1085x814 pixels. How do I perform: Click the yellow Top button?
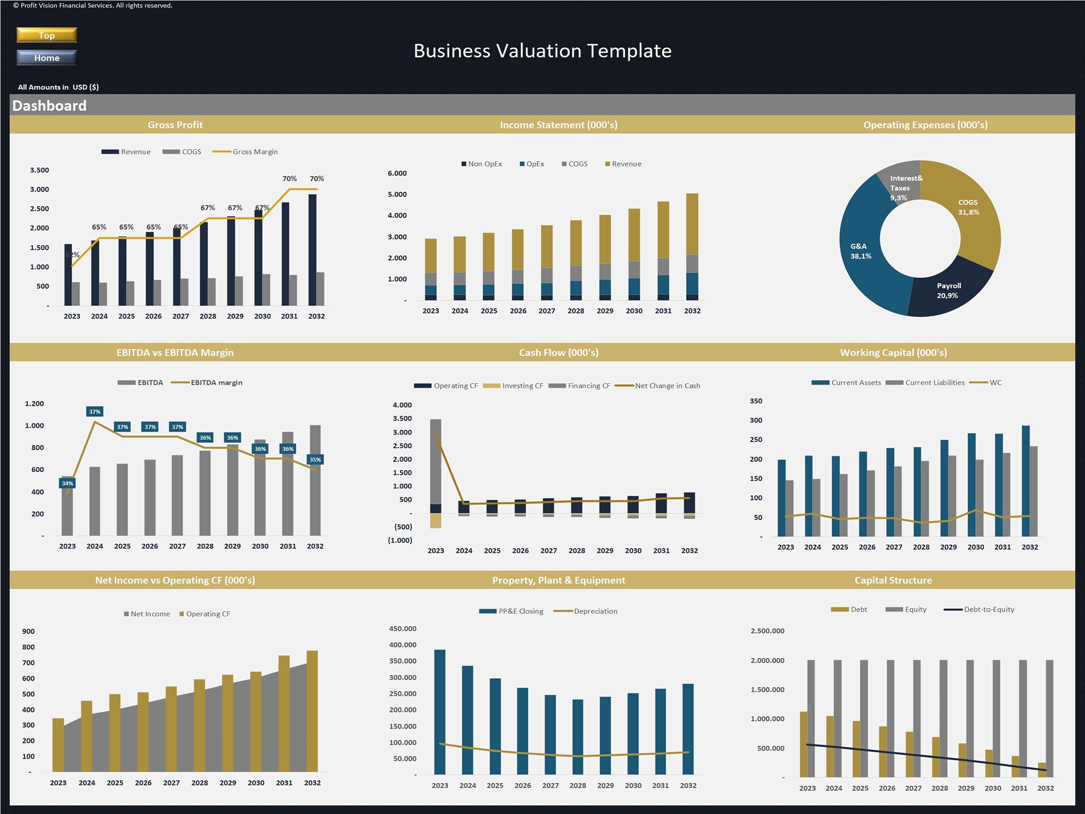pos(47,35)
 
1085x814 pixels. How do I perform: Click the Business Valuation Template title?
pos(542,51)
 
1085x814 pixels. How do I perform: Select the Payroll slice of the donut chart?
pos(948,290)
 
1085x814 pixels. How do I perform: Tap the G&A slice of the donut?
pos(861,251)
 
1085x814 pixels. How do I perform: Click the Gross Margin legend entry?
pos(245,152)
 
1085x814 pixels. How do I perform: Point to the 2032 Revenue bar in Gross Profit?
pos(312,250)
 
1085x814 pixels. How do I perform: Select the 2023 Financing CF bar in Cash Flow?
pos(436,461)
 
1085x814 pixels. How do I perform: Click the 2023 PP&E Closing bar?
pos(440,711)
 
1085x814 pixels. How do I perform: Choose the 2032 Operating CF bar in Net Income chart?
pos(312,711)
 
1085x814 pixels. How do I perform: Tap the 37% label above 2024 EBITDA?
pos(95,412)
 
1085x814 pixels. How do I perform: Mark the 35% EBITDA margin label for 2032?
pos(315,460)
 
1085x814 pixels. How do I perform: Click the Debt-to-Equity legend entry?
pos(979,609)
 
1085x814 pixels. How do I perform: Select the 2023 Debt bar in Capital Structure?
pos(803,744)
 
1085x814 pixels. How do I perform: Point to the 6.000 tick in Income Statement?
pos(397,174)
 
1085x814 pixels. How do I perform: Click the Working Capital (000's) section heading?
pos(893,353)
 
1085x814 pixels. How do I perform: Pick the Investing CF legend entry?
pos(513,386)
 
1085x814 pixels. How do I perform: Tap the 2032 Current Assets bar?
pos(1026,481)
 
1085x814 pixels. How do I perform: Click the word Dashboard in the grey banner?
pos(49,106)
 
